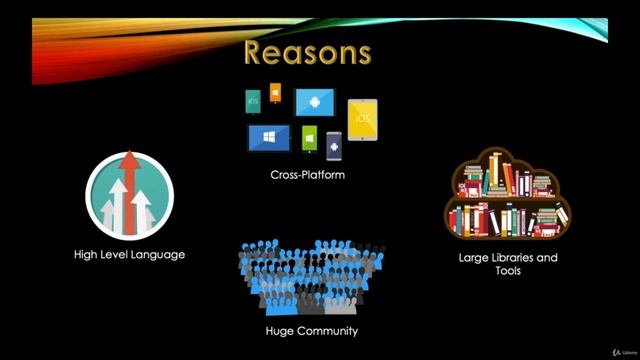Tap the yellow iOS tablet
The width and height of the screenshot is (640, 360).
[x=362, y=119]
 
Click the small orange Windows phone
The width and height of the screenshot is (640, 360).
[x=276, y=97]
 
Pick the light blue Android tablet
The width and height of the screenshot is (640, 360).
[x=315, y=103]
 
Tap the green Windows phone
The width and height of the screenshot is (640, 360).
[x=309, y=137]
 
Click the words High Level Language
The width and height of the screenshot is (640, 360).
[x=129, y=254]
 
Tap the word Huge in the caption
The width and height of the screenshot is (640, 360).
[x=281, y=330]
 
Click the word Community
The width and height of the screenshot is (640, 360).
[x=327, y=330]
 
